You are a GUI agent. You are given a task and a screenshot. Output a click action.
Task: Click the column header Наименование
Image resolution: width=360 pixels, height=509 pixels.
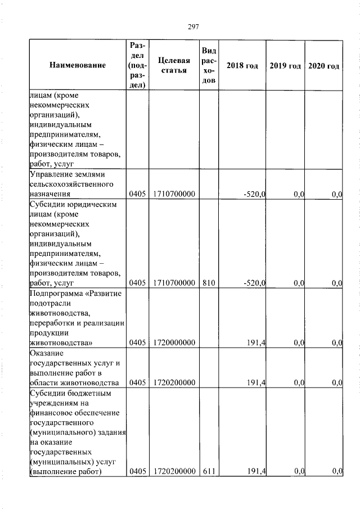(x=78, y=66)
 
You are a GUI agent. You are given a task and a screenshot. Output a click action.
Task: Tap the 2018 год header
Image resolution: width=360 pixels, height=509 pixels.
(x=242, y=66)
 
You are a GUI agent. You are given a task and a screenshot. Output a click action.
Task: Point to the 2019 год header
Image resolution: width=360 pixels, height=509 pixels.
(x=285, y=66)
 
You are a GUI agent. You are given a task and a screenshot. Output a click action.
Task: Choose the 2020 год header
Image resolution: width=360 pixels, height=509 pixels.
(x=324, y=66)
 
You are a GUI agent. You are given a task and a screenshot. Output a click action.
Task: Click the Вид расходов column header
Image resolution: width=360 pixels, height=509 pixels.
(x=209, y=66)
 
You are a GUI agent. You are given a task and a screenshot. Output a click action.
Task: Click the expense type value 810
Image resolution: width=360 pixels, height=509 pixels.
(x=209, y=283)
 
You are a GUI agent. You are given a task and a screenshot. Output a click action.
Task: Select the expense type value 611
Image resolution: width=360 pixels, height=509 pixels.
(x=209, y=471)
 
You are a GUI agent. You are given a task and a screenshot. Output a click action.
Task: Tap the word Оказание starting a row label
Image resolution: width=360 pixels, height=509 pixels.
(x=46, y=353)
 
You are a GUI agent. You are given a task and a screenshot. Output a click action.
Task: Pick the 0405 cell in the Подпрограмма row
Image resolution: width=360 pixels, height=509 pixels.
(x=137, y=342)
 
